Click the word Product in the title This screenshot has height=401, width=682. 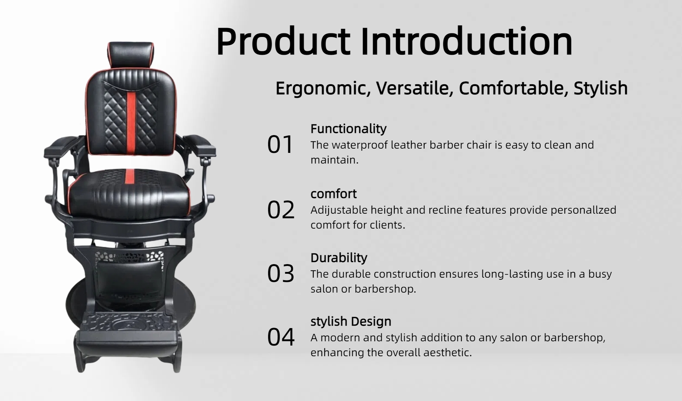click(283, 42)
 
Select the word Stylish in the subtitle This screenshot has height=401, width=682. click(601, 88)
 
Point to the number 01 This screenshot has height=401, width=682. click(280, 144)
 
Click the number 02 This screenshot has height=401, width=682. click(281, 210)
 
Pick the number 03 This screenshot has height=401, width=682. click(281, 273)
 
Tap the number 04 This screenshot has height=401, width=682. click(281, 337)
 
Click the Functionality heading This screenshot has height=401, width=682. click(348, 129)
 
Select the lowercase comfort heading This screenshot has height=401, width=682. click(334, 194)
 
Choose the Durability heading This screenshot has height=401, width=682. click(339, 258)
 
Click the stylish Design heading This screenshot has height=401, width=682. click(351, 321)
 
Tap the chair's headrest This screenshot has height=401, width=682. click(131, 56)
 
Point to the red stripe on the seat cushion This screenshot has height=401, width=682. click(130, 175)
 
